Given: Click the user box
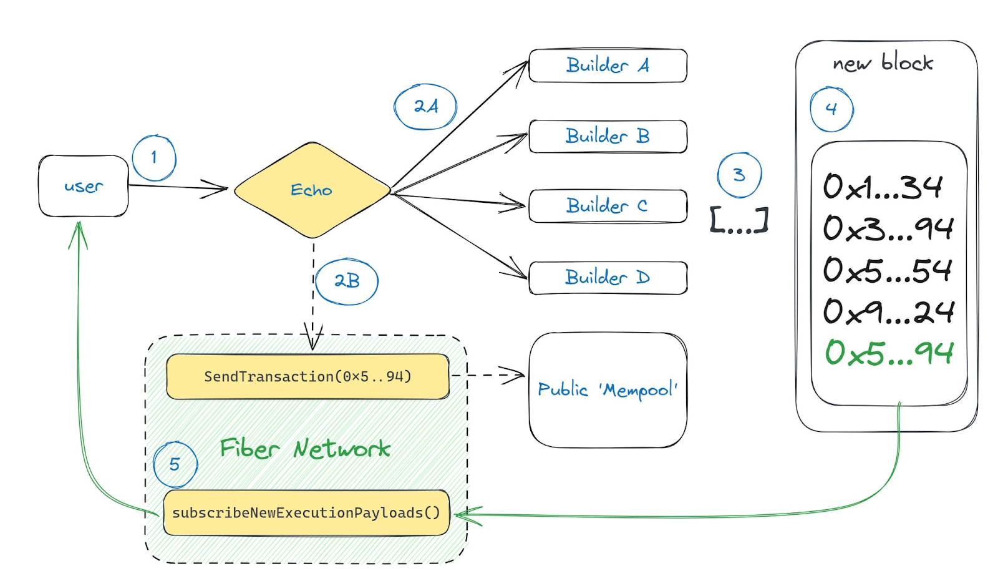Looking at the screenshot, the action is pos(84,186).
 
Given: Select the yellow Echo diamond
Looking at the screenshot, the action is pos(312,190).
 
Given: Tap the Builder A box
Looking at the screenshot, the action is pos(608,66).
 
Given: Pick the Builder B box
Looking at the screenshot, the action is pos(608,136).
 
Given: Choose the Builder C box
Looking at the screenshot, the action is pos(608,206).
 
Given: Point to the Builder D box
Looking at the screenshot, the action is pos(608,278).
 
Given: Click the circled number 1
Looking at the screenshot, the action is pos(154,158).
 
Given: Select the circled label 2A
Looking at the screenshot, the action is pos(425,107).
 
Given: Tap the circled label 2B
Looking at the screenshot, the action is pos(347,281).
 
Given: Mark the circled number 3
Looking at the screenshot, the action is pos(740,175).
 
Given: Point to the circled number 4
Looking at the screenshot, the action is pos(831,109).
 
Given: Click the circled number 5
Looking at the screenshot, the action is pos(175,464).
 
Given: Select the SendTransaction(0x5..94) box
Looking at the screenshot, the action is pos(308,376).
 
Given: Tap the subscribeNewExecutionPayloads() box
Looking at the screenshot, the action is pos(306,512).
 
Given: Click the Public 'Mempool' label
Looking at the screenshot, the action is pos(608,390).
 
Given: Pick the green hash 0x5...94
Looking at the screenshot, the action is pos(889,353).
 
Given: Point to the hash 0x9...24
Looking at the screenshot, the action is pos(889,311).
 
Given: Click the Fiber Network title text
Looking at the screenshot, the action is pos(305,448).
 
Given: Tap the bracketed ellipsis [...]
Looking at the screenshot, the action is pos(739,220).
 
